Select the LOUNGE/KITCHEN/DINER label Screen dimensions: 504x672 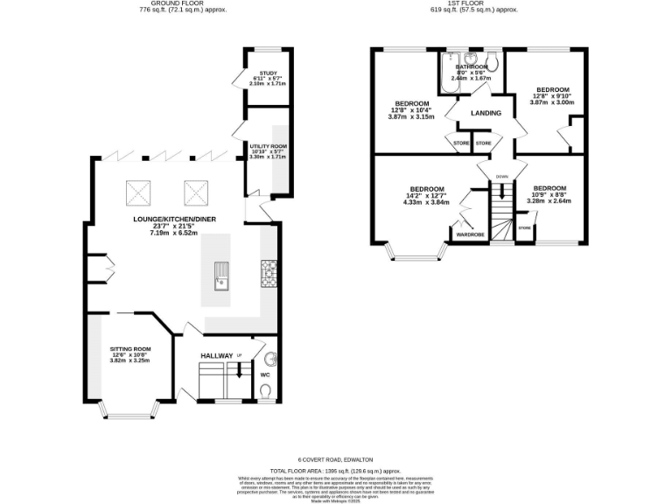174,219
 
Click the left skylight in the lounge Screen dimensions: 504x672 138,190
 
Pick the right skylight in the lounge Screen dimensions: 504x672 193,190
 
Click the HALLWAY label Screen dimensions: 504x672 217,355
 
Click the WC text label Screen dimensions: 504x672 266,374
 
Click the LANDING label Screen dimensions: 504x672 486,113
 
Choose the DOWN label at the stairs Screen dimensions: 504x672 501,177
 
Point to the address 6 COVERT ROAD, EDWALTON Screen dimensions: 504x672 337,458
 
